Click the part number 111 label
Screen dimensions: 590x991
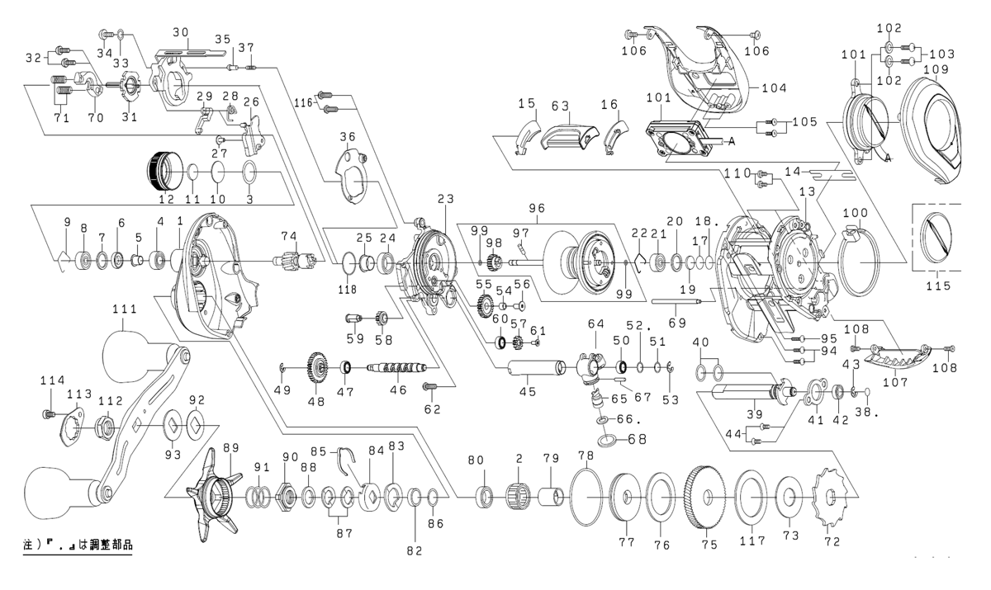click(x=125, y=308)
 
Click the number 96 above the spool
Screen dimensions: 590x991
click(x=538, y=210)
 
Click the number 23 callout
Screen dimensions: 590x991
click(x=446, y=198)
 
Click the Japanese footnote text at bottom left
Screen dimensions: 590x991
click(x=78, y=545)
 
